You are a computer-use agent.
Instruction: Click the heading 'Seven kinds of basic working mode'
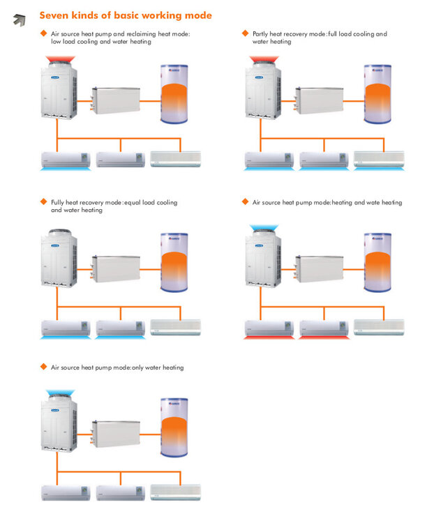click(126, 15)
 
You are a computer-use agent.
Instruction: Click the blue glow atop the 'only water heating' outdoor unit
click(57, 394)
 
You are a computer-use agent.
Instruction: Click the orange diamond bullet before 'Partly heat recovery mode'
click(245, 33)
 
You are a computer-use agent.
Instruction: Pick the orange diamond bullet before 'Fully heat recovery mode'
click(43, 202)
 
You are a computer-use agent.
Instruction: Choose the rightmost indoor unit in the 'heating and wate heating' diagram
click(378, 327)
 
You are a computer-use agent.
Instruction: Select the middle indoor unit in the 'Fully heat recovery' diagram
click(121, 327)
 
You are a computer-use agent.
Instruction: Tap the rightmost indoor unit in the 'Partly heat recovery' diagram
click(378, 159)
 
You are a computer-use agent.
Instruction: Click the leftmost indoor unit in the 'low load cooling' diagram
click(65, 159)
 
